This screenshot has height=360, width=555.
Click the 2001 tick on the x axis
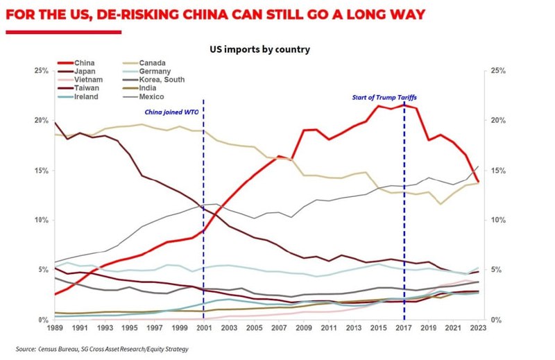(203, 327)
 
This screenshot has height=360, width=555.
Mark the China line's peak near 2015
(378, 105)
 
